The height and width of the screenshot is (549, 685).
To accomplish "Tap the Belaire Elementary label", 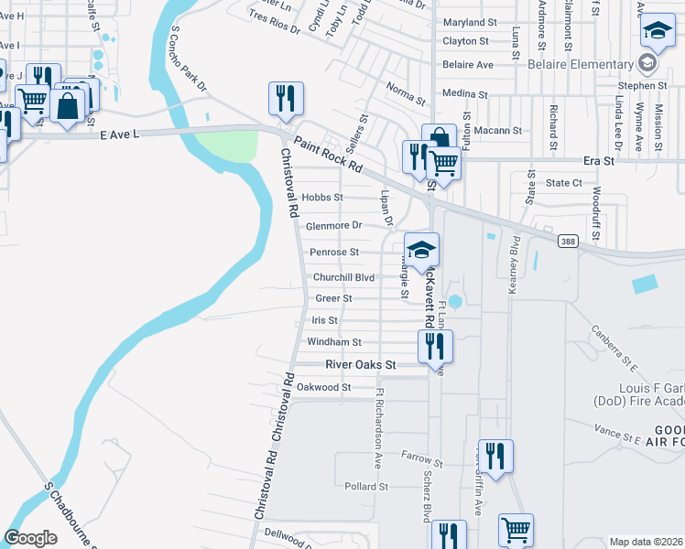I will pos(581,65).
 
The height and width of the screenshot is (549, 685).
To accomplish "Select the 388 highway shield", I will pos(567,239).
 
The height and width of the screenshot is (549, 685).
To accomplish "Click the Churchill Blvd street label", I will pos(344,277).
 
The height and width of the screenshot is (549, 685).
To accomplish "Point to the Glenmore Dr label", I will pos(334,225).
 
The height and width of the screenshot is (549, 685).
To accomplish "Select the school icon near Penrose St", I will pos(422,249).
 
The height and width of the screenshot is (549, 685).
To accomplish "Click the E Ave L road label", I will pos(119,135).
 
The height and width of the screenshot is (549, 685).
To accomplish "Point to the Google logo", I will pos(30,538).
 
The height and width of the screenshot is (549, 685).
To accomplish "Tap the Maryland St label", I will pos(469,23).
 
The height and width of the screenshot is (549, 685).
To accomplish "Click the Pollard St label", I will pos(367,487).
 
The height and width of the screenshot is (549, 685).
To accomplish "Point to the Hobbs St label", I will pos(322,198).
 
